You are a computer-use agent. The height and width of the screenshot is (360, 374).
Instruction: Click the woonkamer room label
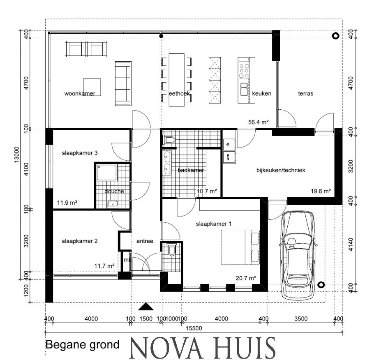tap(80, 94)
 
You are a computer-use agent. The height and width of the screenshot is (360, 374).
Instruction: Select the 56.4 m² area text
tap(259, 122)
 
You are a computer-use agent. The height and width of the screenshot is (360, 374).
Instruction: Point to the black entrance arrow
tap(145, 307)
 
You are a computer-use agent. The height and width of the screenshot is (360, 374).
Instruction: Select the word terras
tap(306, 94)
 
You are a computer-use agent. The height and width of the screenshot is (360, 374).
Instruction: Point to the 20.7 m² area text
tap(246, 278)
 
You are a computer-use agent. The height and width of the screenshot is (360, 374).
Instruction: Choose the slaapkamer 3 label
tap(79, 153)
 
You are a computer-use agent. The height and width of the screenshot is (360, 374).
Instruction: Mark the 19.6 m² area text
tap(321, 191)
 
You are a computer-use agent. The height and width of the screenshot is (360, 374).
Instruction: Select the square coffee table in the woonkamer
tap(92, 86)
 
